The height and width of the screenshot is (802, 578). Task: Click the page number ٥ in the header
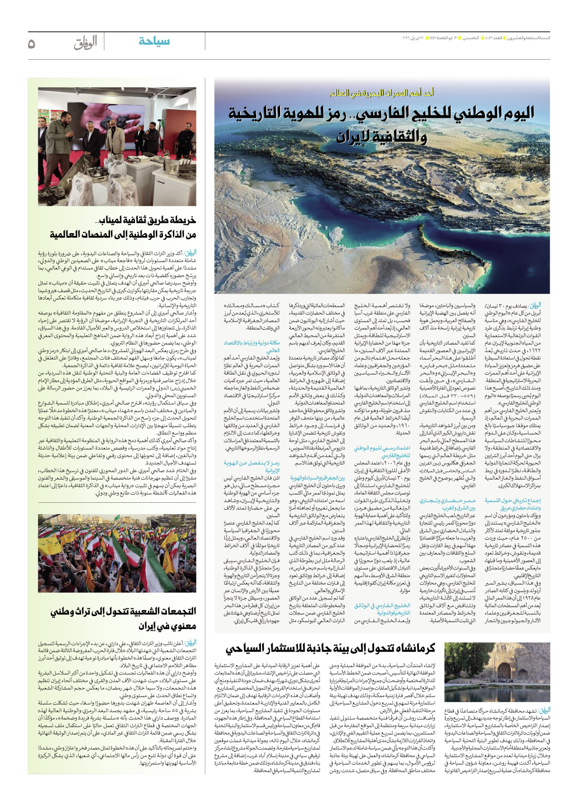click(32, 43)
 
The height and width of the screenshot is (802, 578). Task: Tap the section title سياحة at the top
click(154, 41)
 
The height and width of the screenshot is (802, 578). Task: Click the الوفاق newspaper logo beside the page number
click(85, 43)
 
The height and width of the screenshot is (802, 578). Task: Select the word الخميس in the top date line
click(471, 38)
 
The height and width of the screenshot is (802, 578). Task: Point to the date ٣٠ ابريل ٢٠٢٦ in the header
click(415, 38)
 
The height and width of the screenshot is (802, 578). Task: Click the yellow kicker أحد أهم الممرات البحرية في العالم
click(381, 93)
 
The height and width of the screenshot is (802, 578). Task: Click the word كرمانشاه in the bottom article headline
click(413, 648)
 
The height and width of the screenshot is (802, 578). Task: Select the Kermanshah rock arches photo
click(497, 672)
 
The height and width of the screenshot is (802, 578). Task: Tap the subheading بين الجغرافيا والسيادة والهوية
click(317, 478)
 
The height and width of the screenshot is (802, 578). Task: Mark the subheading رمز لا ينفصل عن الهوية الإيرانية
click(252, 466)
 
